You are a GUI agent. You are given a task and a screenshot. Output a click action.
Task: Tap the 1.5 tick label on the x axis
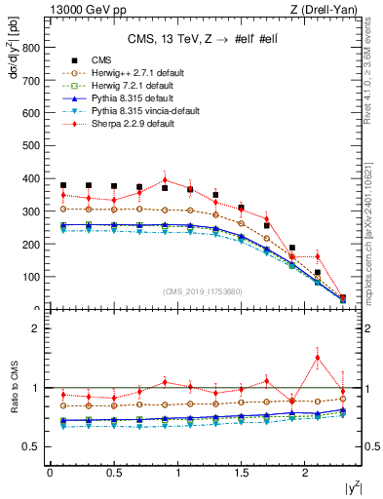pos(243,474)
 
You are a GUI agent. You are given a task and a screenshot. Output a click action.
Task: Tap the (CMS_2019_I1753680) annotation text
pos(203,290)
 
